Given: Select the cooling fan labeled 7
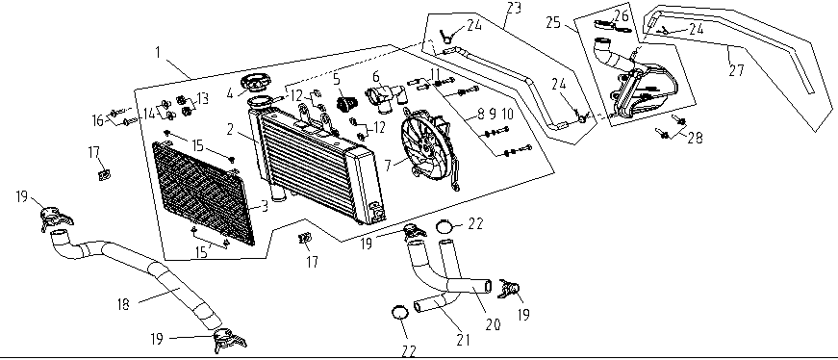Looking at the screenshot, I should pos(429,149).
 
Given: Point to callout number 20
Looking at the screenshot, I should pos(493,324).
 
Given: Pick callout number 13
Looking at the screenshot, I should pos(202,98).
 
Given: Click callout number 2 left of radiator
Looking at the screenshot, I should pos(231,126).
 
